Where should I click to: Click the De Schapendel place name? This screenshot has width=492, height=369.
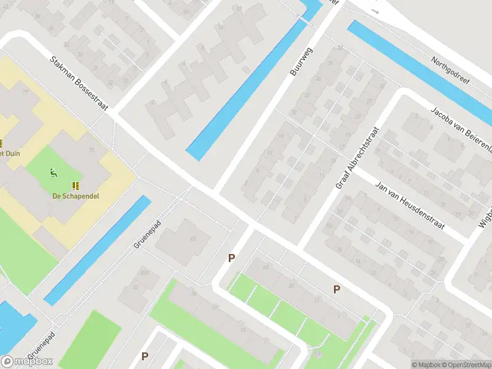(76, 196)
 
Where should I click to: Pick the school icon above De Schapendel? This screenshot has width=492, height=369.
(76, 185)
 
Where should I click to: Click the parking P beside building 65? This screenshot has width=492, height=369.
(232, 258)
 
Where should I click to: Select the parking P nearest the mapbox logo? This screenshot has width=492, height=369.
(145, 356)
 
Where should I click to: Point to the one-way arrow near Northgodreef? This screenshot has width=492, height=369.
(376, 11)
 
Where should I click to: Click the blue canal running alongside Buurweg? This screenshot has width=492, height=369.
(246, 92)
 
